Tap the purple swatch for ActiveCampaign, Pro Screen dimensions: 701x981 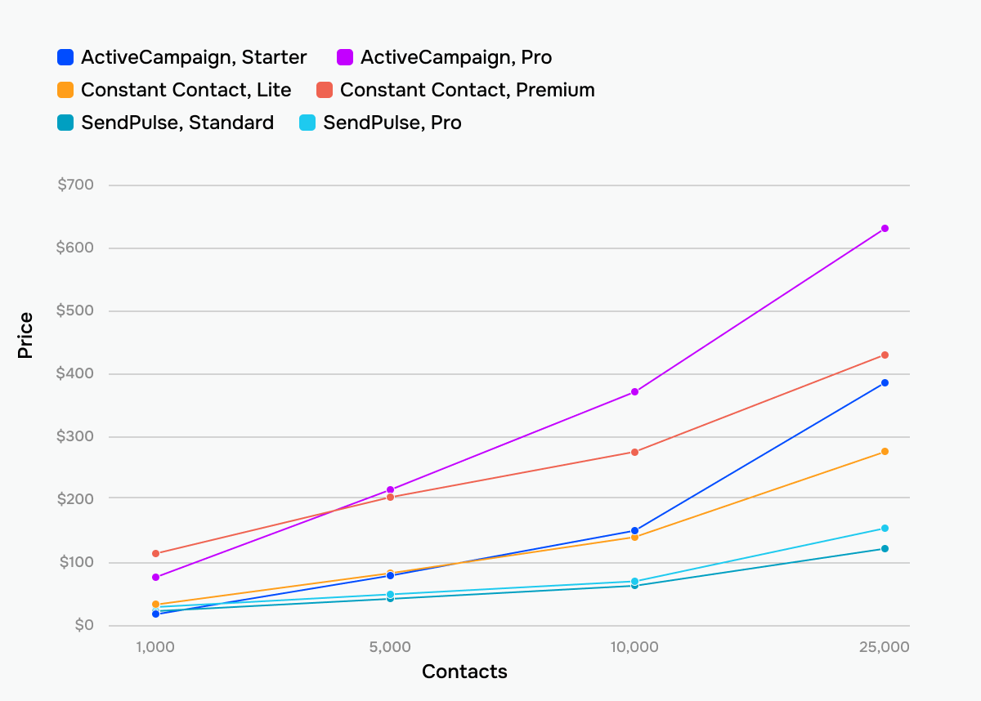pos(345,57)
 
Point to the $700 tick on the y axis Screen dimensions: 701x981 pos(75,185)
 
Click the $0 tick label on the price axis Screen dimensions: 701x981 pos(84,625)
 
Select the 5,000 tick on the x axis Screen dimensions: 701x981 pos(390,647)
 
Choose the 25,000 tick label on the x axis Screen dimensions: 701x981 pos(884,647)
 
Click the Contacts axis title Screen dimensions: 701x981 pos(464,672)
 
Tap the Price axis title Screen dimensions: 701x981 pos(25,335)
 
